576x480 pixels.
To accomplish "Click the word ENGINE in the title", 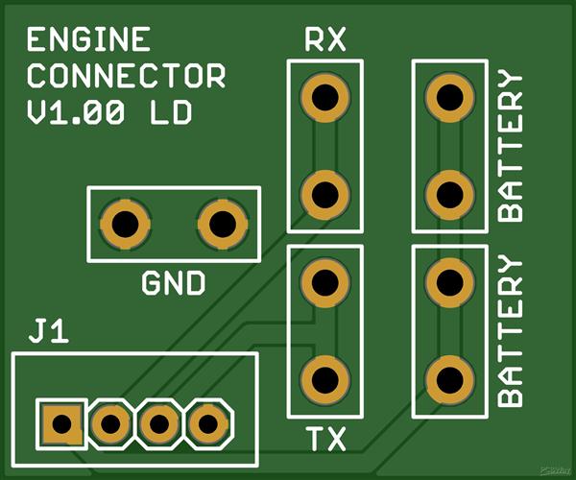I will (88, 40).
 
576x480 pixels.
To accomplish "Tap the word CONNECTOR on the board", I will (126, 76).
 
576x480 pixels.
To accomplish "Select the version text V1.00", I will (76, 112).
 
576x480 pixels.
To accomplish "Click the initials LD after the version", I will (170, 112).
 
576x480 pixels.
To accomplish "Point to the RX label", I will (324, 40).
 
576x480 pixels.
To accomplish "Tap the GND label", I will (174, 284).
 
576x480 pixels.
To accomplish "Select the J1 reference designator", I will (48, 333).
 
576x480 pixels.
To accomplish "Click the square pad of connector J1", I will (61, 421).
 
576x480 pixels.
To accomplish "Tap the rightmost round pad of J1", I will (207, 421).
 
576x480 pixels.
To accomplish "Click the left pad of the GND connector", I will (125, 225).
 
